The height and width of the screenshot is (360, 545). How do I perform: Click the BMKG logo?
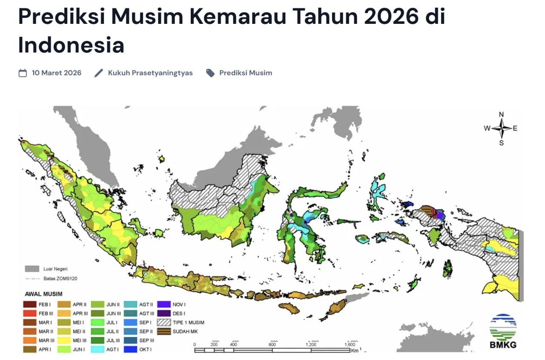tap(503, 331)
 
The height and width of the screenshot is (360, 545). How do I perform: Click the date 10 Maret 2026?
tap(56, 73)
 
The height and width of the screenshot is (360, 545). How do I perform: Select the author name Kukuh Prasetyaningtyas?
tap(150, 73)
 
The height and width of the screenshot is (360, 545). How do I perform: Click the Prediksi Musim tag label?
tap(245, 73)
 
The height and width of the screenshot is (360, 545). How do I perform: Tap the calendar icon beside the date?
tap(23, 73)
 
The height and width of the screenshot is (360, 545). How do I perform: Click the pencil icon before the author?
tap(99, 73)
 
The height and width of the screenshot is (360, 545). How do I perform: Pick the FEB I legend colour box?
tap(31, 304)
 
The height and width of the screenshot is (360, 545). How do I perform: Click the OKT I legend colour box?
tap(131, 349)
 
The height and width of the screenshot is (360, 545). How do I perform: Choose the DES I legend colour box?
tap(164, 313)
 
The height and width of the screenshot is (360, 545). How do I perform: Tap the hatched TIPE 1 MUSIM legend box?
tap(164, 323)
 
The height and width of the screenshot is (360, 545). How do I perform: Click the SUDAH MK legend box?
tap(164, 331)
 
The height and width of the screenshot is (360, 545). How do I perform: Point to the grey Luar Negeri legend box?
tap(32, 269)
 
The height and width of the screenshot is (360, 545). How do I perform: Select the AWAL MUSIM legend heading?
tap(43, 294)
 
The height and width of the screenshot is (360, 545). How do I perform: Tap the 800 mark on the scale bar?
tap(272, 344)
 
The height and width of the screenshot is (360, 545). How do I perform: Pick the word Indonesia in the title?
tap(71, 45)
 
